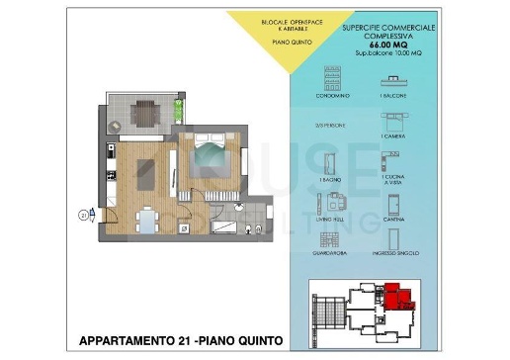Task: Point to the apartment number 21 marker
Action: [84, 211]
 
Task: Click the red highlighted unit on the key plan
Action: [394, 296]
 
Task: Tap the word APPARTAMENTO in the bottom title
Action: [129, 341]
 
